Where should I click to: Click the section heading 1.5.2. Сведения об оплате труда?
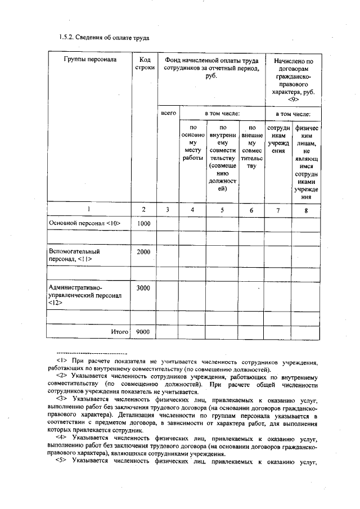click(x=104, y=38)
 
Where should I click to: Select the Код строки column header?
click(x=144, y=64)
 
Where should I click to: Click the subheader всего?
click(x=168, y=114)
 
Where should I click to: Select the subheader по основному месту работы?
click(x=192, y=143)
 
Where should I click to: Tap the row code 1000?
click(x=144, y=223)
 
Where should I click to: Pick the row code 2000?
click(x=144, y=251)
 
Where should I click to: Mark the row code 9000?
click(x=144, y=332)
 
